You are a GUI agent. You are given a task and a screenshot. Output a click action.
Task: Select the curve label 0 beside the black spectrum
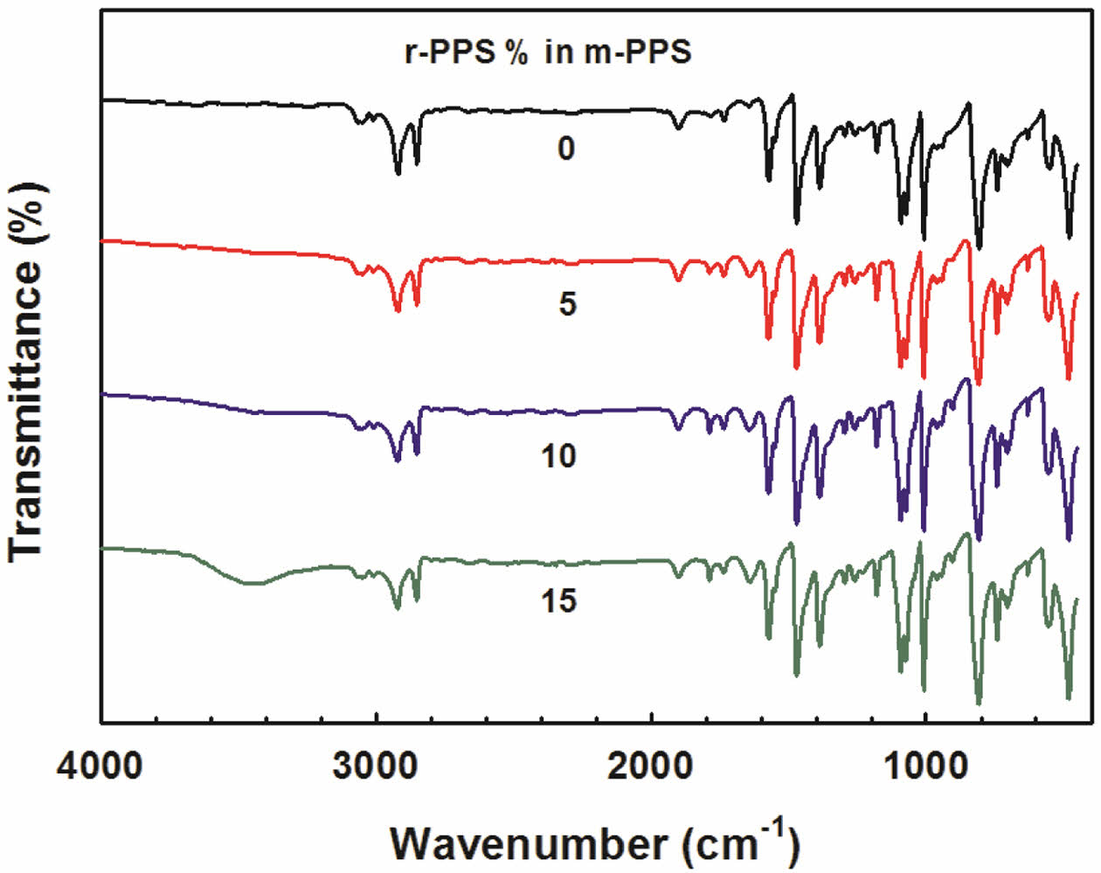(566, 149)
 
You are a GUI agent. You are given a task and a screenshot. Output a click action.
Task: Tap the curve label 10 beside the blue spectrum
(558, 455)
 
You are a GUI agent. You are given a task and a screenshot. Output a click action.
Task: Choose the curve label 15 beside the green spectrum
(558, 601)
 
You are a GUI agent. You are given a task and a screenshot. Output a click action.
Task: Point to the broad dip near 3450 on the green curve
(253, 583)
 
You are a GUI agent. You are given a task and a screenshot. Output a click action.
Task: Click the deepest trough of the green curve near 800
(978, 702)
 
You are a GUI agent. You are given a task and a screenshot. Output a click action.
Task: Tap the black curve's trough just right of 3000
(398, 173)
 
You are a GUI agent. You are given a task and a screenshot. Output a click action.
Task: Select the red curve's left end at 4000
(104, 239)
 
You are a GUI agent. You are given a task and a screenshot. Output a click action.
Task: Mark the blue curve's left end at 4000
(104, 395)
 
